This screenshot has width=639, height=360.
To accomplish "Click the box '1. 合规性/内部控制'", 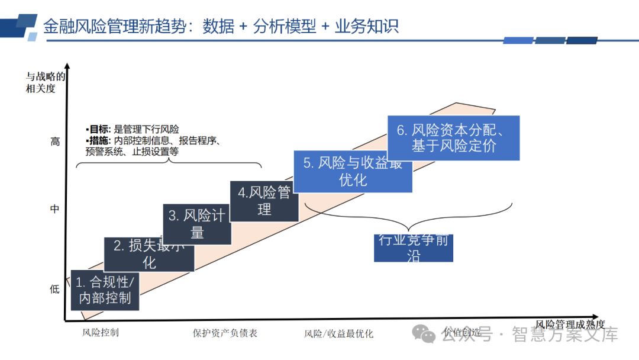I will [105, 290].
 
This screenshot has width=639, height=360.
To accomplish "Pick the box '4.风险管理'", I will [264, 201].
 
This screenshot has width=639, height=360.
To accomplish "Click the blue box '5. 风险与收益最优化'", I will [353, 172].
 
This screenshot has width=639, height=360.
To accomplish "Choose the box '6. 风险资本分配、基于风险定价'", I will [453, 138].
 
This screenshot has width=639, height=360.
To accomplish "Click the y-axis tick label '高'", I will [55, 142].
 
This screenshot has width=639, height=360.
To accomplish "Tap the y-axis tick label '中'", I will [55, 209].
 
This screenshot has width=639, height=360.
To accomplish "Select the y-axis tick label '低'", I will [55, 290].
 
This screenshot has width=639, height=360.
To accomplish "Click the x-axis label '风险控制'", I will [101, 333].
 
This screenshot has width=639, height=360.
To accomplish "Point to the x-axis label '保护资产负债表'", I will [225, 333].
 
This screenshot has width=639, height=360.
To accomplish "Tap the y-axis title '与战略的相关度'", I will [45, 82].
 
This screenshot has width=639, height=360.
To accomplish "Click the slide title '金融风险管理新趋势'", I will [116, 27].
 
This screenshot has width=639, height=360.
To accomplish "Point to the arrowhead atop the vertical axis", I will [67, 67].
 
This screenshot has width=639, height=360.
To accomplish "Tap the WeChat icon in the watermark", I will [424, 334].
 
